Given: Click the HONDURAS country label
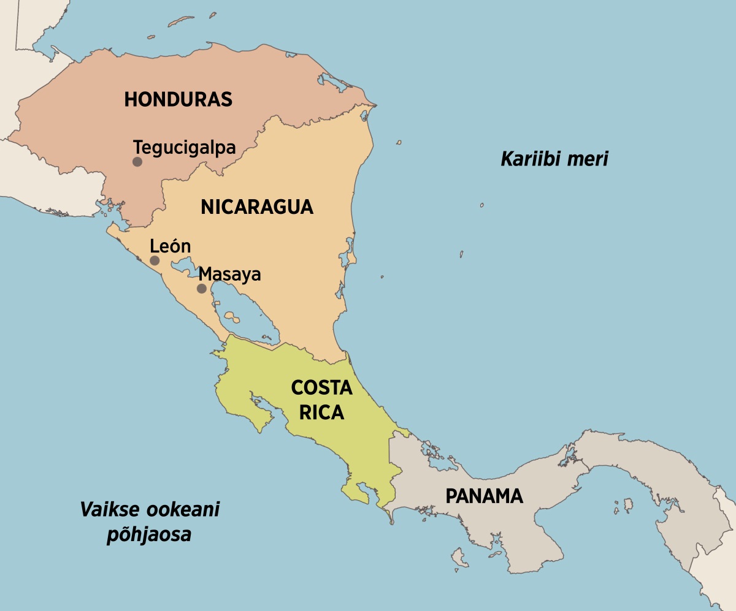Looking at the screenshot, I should click(x=178, y=99).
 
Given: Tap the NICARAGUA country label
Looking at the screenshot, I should click(x=257, y=207).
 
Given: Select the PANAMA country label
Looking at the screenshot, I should click(x=484, y=496).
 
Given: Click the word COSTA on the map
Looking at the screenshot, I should click(x=321, y=388).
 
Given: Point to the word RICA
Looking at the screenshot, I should click(x=321, y=413).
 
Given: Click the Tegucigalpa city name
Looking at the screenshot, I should click(x=185, y=148).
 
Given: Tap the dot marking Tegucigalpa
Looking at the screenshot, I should click(x=137, y=162).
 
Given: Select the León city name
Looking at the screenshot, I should click(x=171, y=246).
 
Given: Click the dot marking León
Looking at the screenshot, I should click(x=155, y=260).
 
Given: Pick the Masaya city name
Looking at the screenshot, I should click(x=230, y=274).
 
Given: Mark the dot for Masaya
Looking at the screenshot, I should click(x=201, y=289).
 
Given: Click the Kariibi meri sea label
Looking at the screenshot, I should click(x=554, y=159).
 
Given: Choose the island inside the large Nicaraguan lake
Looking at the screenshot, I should click(x=231, y=317).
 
